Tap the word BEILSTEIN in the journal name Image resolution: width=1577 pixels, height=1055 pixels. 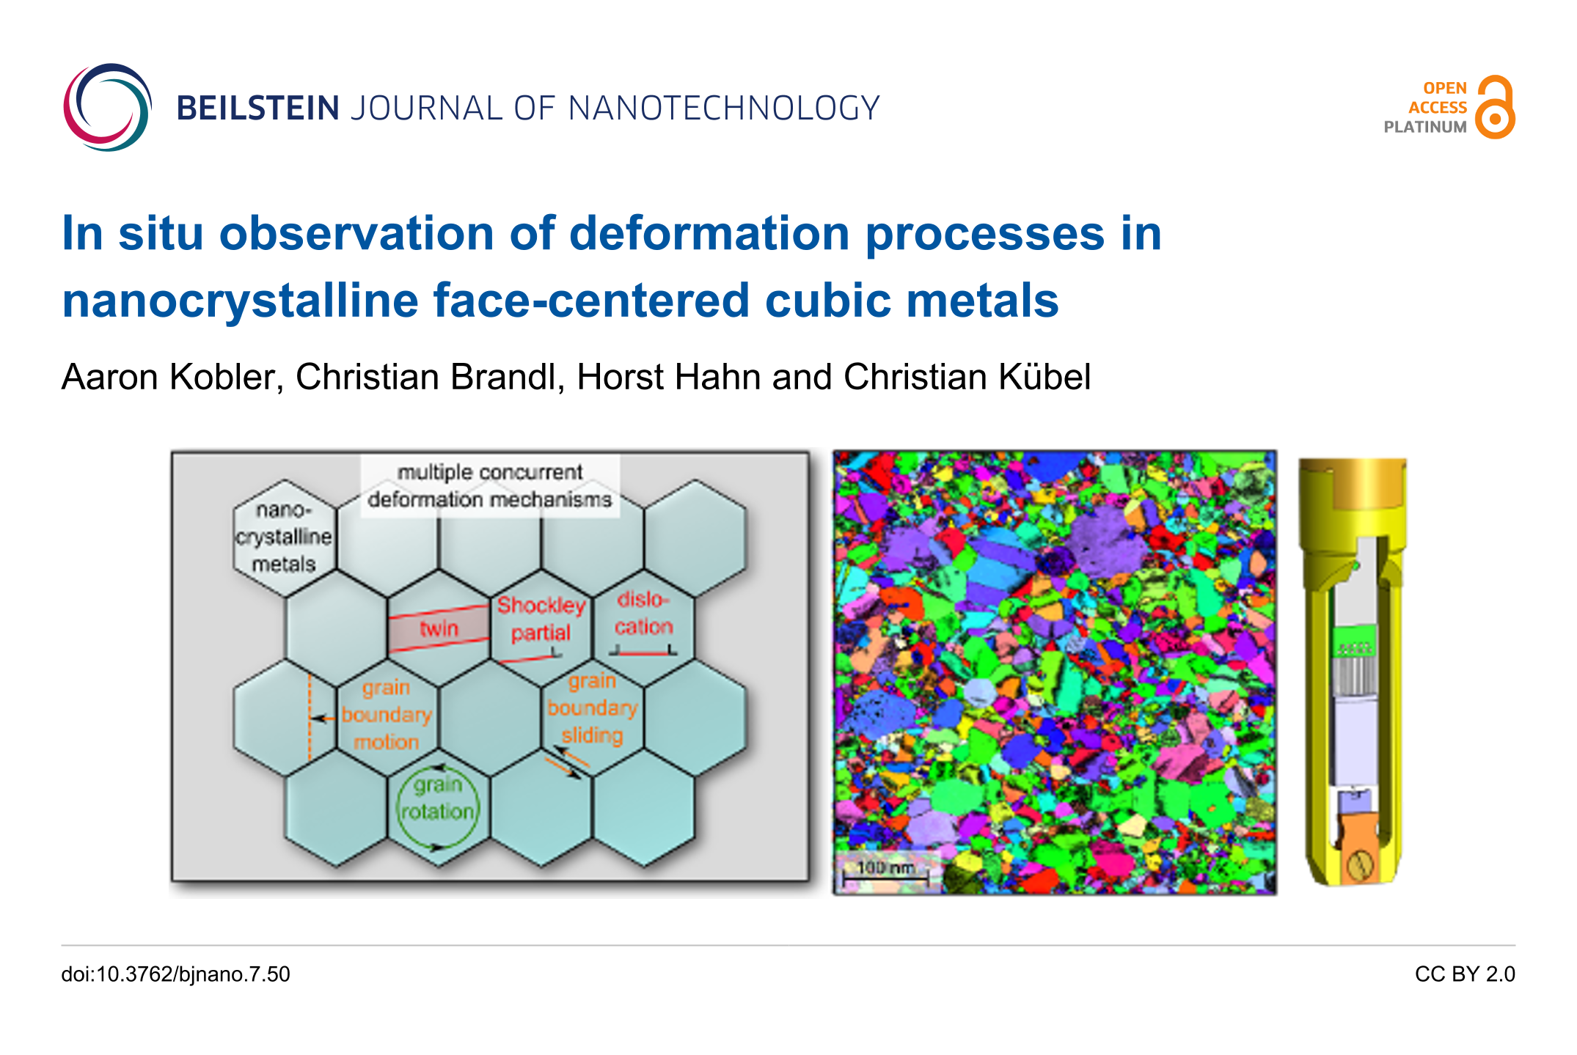click(x=258, y=109)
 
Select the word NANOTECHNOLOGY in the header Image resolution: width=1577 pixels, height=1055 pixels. click(x=724, y=109)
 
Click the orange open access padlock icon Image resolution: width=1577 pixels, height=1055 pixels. click(x=1495, y=107)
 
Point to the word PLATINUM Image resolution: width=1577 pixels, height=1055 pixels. click(x=1424, y=127)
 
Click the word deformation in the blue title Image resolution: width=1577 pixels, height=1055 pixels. click(x=709, y=234)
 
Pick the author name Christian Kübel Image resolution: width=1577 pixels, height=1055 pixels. click(x=967, y=377)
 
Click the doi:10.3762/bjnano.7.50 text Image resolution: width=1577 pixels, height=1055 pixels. click(x=176, y=974)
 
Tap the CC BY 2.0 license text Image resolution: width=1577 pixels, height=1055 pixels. click(x=1465, y=974)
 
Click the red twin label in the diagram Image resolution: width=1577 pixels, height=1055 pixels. click(x=439, y=628)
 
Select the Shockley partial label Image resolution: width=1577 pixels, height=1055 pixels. click(x=541, y=619)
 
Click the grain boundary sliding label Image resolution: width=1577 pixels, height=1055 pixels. click(x=593, y=708)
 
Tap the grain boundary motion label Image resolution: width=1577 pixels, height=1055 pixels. click(x=387, y=715)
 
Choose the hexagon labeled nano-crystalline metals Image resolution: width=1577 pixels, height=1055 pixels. click(x=284, y=537)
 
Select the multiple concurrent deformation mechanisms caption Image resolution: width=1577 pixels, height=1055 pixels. click(x=490, y=485)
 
